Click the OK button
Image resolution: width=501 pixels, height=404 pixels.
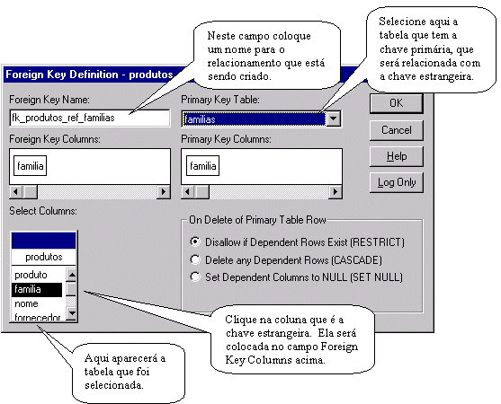[396, 103]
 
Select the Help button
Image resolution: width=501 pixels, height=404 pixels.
[396, 156]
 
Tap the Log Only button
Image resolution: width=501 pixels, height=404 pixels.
[396, 182]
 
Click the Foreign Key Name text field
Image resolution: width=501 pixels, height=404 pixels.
[90, 118]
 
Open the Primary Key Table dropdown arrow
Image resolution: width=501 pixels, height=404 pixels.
[334, 119]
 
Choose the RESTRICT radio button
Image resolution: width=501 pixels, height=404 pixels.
[195, 242]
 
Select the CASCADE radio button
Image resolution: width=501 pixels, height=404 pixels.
[195, 259]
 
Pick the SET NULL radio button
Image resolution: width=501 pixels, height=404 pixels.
[195, 277]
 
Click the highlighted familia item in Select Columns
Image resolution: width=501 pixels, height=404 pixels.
[37, 289]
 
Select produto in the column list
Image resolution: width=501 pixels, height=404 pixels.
[31, 275]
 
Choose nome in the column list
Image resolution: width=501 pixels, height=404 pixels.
[26, 303]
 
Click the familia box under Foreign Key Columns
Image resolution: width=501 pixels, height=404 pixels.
[30, 166]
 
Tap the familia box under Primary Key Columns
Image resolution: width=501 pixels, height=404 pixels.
[203, 166]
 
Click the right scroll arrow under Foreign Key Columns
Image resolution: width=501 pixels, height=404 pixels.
[164, 191]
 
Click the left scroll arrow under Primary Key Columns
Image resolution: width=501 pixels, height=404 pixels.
[188, 191]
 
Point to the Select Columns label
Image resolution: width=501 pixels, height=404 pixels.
[43, 211]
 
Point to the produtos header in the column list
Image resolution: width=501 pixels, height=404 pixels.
[44, 257]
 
